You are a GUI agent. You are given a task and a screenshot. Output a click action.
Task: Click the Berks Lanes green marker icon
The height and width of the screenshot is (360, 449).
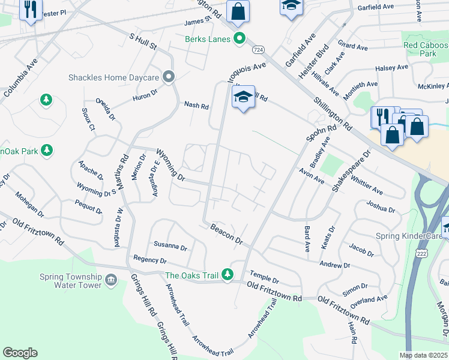click(240, 39)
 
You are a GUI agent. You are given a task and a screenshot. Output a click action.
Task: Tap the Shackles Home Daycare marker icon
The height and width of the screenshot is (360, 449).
click(169, 76)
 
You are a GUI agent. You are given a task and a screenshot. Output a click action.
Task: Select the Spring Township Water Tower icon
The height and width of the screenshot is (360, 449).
click(110, 280)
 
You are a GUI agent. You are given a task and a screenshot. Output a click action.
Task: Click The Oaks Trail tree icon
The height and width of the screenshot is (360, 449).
click(227, 275)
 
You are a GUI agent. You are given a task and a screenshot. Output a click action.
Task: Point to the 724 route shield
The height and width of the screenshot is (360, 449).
click(258, 49)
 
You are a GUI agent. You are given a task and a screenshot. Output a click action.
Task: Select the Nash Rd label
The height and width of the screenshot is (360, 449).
click(196, 106)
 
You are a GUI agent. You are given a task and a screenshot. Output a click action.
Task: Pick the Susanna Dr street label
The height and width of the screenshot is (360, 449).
click(170, 246)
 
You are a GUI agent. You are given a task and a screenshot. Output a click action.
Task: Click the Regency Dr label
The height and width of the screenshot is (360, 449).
click(150, 260)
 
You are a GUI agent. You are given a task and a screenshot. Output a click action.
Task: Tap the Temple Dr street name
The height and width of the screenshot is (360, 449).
click(265, 277)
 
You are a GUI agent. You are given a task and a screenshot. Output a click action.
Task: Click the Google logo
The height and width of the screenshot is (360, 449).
click(20, 353)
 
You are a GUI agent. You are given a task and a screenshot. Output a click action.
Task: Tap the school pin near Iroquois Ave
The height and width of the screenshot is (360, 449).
click(243, 97)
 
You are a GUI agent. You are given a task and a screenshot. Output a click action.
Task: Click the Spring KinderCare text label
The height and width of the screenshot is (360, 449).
click(406, 235)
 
